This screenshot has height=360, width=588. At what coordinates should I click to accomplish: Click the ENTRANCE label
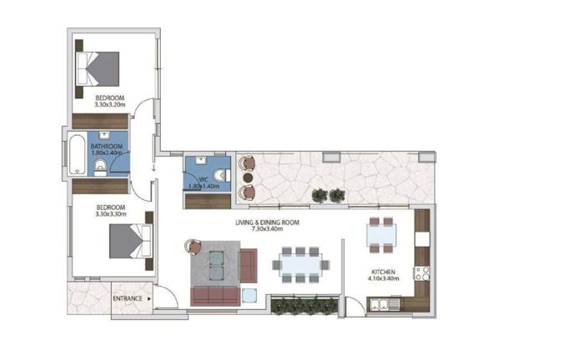click(x=127, y=297)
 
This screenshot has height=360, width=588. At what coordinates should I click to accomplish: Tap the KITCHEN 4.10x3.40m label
click(x=385, y=275)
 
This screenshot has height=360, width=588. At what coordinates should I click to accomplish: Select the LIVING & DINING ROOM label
click(x=266, y=226)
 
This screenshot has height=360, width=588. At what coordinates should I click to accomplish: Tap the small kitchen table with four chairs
click(x=383, y=234)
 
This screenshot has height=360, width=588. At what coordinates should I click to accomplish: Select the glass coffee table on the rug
click(x=216, y=263)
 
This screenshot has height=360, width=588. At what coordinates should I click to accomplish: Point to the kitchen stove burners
click(x=421, y=272)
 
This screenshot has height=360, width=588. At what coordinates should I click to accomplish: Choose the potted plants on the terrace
click(x=327, y=195)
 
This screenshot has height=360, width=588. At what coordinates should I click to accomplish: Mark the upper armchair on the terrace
click(x=248, y=164)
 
